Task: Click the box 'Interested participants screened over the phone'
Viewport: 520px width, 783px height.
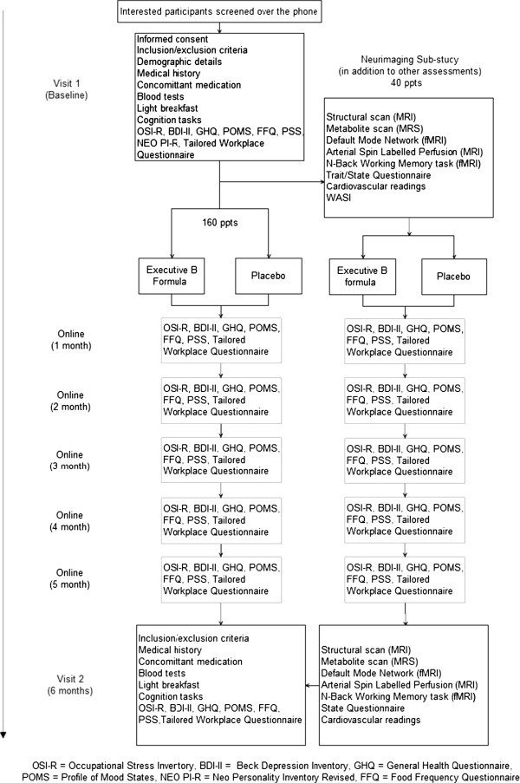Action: (219, 11)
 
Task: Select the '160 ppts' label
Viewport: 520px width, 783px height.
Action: (220, 222)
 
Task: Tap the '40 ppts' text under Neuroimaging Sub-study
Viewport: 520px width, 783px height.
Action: (406, 83)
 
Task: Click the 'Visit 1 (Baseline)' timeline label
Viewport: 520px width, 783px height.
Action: (67, 89)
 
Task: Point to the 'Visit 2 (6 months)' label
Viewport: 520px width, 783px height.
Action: (70, 685)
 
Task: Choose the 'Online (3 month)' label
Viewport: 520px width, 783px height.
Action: (70, 460)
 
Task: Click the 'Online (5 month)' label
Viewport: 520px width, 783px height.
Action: (70, 578)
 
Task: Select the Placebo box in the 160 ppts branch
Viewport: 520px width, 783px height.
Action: (269, 275)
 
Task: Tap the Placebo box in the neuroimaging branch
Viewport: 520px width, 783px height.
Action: (453, 276)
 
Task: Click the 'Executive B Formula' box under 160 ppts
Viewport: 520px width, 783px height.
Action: (172, 275)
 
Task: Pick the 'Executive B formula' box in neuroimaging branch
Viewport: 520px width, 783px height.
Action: (362, 276)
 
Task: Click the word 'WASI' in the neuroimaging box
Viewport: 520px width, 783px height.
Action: (339, 198)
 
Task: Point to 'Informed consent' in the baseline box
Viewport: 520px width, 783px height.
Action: (172, 39)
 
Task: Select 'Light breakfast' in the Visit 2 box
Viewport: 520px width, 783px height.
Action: (169, 685)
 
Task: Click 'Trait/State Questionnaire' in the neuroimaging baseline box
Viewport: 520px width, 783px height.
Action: (378, 175)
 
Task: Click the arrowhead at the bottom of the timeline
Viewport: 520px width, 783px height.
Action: (3, 734)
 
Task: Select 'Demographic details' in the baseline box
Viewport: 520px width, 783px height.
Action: (179, 62)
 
